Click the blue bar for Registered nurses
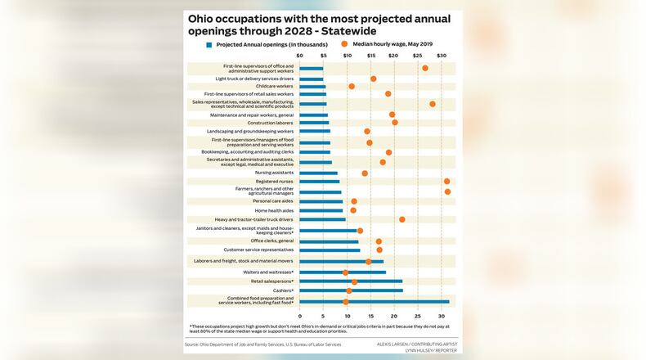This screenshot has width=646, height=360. pos(319,182)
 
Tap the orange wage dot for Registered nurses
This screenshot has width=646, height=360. pos(446,182)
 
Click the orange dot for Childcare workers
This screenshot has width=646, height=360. pos(352,86)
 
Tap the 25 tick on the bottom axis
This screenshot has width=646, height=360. pos(418,316)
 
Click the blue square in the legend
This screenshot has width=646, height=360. pos(209,44)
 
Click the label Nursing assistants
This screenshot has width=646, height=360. pos(274,173)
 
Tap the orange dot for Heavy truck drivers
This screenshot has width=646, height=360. pos(402,219)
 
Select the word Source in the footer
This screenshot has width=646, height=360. pos(195,344)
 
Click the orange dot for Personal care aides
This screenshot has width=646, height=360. pos(354,201)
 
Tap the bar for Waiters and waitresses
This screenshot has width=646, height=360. pos(343,272)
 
